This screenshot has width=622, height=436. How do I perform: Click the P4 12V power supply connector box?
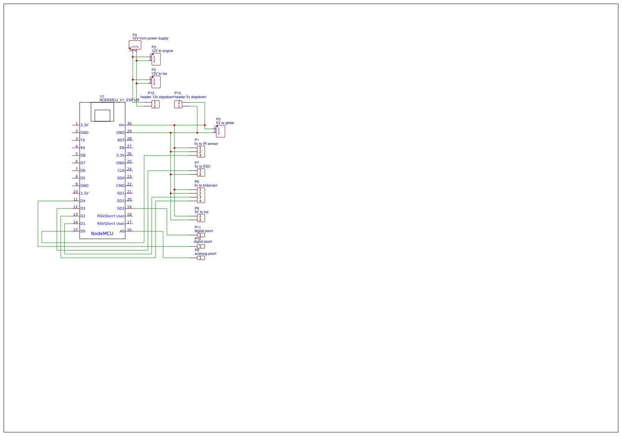(135, 45)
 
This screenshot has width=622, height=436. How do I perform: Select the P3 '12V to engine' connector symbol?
(156, 59)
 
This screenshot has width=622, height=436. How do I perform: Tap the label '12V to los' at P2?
(159, 74)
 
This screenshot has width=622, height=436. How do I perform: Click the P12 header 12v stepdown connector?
(155, 104)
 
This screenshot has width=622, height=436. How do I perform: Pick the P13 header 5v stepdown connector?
(178, 104)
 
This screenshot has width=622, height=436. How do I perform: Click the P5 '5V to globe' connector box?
(220, 131)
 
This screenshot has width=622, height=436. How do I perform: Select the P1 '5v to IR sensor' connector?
(201, 152)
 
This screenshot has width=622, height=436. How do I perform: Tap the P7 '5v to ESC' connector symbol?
(201, 173)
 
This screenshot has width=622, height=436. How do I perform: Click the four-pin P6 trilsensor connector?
(201, 195)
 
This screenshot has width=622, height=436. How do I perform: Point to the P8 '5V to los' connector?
(201, 218)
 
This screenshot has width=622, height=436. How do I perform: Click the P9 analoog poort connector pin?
(201, 258)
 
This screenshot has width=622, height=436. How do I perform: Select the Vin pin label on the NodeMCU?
(121, 125)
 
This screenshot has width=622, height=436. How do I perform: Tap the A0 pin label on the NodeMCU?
(122, 231)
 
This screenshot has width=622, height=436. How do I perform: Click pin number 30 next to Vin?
(129, 124)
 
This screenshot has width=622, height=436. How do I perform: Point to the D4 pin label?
(83, 201)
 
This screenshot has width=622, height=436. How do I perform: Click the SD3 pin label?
(121, 209)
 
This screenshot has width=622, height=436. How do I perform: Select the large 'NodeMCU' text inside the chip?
(102, 234)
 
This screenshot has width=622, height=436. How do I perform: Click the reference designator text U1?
(102, 96)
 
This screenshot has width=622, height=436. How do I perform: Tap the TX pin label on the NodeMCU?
(83, 140)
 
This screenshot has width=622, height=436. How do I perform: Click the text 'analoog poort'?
(205, 254)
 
